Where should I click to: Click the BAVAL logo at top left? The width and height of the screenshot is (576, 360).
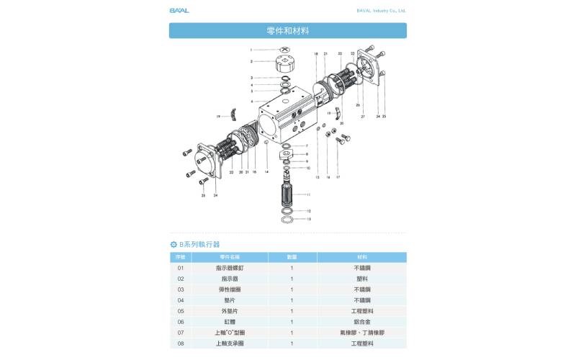pyautogui.click(x=179, y=11)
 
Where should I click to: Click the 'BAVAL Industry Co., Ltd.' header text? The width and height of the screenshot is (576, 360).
pyautogui.click(x=382, y=11)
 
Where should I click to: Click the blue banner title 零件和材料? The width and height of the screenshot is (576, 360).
pyautogui.click(x=287, y=31)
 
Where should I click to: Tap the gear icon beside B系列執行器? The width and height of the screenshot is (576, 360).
pyautogui.click(x=174, y=245)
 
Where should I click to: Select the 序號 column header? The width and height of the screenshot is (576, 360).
pyautogui.click(x=181, y=257)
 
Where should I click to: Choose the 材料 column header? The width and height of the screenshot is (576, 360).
pyautogui.click(x=361, y=257)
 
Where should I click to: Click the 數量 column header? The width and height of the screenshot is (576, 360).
pyautogui.click(x=292, y=257)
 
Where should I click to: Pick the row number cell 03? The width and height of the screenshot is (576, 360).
pyautogui.click(x=181, y=289)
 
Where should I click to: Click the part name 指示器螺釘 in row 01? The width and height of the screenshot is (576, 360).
pyautogui.click(x=230, y=268)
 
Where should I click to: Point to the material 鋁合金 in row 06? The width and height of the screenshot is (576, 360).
pyautogui.click(x=361, y=322)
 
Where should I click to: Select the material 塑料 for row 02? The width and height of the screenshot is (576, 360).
pyautogui.click(x=361, y=279)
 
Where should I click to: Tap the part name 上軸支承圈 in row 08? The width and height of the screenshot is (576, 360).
pyautogui.click(x=230, y=343)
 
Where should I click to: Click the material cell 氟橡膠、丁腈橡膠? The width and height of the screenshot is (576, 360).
pyautogui.click(x=361, y=333)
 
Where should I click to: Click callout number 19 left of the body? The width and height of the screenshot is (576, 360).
pyautogui.click(x=217, y=116)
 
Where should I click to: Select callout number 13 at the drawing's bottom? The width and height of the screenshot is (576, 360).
pyautogui.click(x=310, y=219)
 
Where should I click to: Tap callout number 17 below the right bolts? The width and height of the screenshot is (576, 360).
pyautogui.click(x=338, y=176)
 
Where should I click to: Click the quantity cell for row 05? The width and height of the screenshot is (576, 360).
pyautogui.click(x=292, y=311)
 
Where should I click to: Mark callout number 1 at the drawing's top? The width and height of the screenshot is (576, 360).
pyautogui.click(x=251, y=50)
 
